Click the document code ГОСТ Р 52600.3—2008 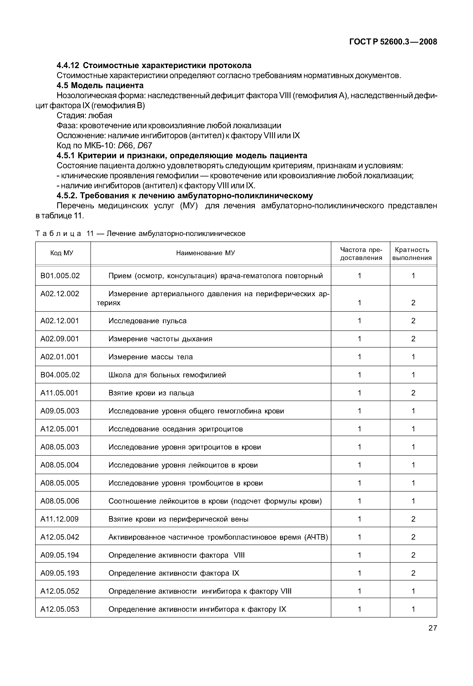tap(393, 42)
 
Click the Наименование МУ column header tap(205, 253)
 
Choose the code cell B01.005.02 tap(60, 276)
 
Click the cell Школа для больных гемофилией tap(167, 375)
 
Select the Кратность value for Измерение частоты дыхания tap(413, 339)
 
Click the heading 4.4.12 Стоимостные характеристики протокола tap(154, 65)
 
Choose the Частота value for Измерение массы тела tap(360, 357)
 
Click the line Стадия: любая tap(84, 115)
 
